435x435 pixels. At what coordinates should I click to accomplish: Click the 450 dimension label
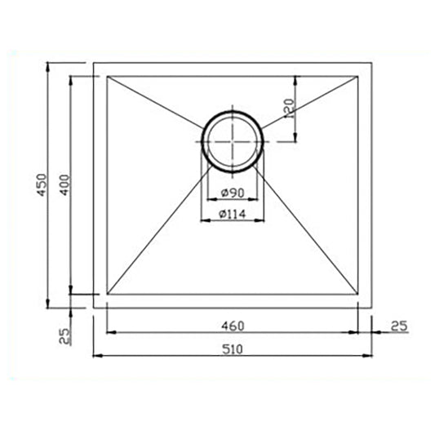click(42, 185)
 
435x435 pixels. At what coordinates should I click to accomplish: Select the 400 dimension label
click(64, 185)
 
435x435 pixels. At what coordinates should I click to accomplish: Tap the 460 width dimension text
click(233, 326)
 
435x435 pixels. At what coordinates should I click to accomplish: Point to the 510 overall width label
click(233, 349)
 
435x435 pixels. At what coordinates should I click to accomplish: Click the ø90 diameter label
click(233, 193)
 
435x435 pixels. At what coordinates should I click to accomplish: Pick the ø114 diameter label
click(233, 214)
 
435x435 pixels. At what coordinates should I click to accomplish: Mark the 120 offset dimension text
click(289, 109)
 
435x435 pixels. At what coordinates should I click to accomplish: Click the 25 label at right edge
click(399, 326)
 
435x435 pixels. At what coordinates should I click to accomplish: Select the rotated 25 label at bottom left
click(64, 336)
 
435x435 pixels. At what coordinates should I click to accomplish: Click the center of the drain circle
click(233, 142)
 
